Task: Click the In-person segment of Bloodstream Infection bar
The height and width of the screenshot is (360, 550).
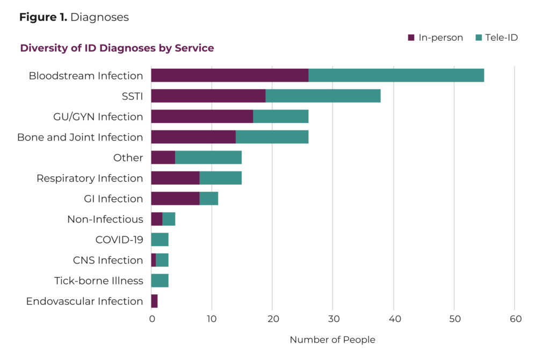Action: click(x=229, y=75)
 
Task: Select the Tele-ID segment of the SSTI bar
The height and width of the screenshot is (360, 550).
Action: click(x=323, y=96)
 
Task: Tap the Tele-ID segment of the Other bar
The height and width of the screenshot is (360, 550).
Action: click(x=208, y=157)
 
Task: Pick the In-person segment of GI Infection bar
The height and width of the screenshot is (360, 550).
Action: click(x=175, y=199)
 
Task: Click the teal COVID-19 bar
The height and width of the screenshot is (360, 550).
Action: click(x=160, y=240)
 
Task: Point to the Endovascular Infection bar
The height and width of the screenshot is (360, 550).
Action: click(x=154, y=301)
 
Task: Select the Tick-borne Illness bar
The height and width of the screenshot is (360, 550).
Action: click(x=160, y=280)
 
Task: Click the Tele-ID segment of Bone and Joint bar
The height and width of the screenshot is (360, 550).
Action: click(x=272, y=137)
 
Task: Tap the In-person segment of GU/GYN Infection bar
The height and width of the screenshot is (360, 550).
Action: click(x=202, y=117)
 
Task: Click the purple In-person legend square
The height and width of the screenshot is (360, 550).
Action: click(x=411, y=38)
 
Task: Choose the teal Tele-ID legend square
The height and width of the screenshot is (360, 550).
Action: click(x=479, y=38)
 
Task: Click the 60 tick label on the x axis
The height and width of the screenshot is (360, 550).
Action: click(x=515, y=319)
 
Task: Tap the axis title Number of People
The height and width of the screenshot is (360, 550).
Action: click(x=332, y=340)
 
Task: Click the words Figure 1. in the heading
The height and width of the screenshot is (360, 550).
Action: click(x=43, y=17)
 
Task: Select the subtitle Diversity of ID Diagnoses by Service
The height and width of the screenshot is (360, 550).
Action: click(x=117, y=48)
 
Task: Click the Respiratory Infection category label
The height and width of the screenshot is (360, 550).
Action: click(x=90, y=178)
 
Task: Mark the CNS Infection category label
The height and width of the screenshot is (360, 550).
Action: click(x=108, y=261)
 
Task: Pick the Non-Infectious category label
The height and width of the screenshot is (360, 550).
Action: click(x=105, y=219)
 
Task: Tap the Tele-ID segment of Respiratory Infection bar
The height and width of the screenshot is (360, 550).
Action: click(x=220, y=178)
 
